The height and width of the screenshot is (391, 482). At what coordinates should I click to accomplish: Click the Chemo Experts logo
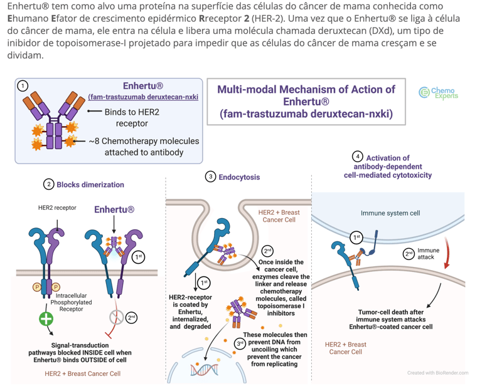click(439, 93)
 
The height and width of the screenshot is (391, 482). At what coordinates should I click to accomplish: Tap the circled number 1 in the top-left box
click(23, 86)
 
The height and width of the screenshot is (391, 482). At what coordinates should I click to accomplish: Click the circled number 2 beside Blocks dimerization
click(48, 184)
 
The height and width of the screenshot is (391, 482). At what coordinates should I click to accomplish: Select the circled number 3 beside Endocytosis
click(211, 177)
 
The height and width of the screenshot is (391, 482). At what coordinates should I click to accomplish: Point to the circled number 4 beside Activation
click(358, 157)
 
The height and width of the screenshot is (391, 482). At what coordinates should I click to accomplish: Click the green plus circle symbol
click(46, 318)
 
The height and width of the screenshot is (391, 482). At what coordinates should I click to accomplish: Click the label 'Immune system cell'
click(390, 213)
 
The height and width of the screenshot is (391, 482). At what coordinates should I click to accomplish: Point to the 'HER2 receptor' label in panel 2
click(56, 207)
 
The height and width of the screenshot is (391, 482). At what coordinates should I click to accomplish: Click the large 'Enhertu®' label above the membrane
click(114, 209)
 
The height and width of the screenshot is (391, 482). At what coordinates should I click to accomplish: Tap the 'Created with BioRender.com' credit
click(437, 373)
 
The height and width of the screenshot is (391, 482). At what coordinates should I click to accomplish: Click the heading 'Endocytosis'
click(239, 177)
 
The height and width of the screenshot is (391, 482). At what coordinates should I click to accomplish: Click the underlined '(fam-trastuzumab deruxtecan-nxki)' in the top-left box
click(143, 96)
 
